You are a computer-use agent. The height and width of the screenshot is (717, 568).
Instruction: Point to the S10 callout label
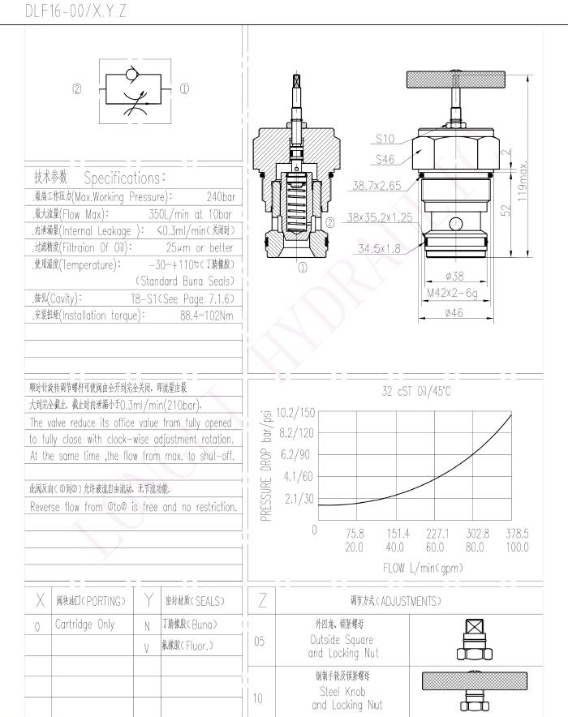pyautogui.click(x=385, y=139)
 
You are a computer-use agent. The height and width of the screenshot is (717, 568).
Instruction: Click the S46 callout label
pyautogui.click(x=385, y=160)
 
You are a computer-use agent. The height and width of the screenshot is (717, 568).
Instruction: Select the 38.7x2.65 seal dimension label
pyautogui.click(x=376, y=186)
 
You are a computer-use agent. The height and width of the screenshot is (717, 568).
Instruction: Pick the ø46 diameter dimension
pyautogui.click(x=455, y=313)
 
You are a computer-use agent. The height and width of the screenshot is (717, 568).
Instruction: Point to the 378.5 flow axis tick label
pyautogui.click(x=516, y=534)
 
